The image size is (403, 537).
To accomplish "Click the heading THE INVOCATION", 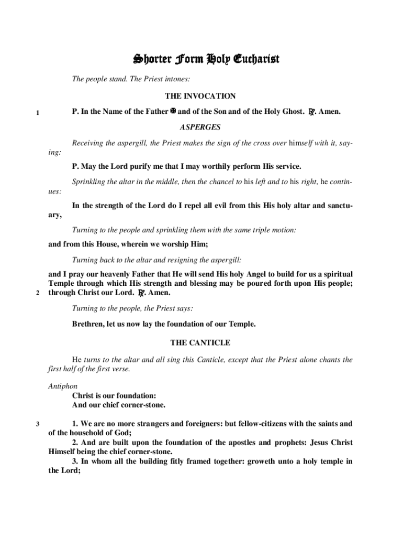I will [x=200, y=96].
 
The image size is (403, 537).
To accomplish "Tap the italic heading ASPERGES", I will [x=200, y=127].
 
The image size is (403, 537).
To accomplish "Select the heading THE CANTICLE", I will [x=200, y=342].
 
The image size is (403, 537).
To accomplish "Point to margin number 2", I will [x=38, y=293].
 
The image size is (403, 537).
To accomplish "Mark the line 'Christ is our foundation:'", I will [x=114, y=395].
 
